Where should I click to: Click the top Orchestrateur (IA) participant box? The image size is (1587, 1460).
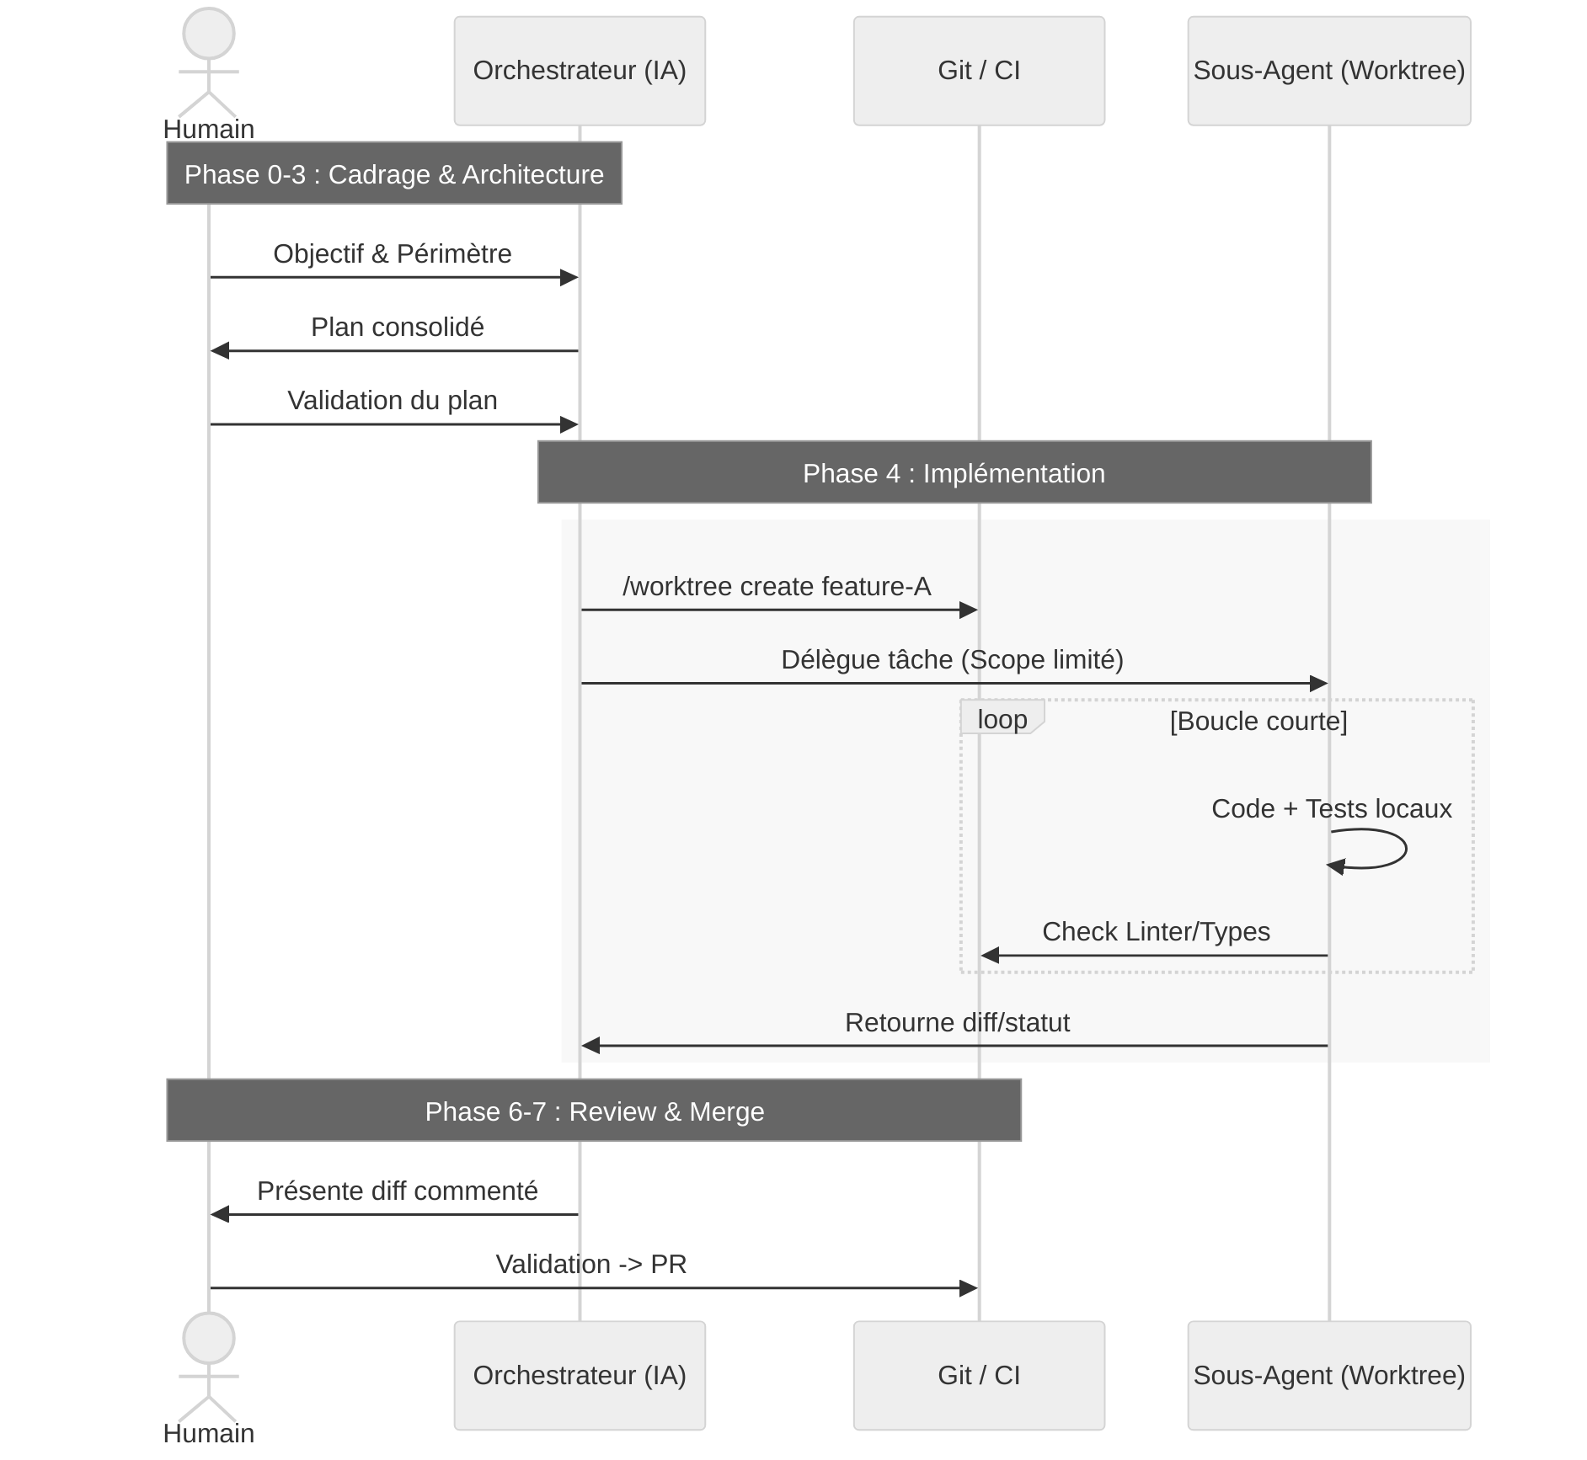580,71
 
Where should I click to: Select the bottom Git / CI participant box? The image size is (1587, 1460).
979,1375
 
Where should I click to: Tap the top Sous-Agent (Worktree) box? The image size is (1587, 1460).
1328,71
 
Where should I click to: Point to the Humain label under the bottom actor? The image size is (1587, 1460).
208,1433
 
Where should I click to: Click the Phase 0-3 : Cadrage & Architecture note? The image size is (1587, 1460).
394,173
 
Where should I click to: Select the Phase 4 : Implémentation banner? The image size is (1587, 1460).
954,472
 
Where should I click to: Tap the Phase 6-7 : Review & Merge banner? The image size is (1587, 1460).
594,1111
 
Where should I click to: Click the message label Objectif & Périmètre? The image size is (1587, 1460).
393,253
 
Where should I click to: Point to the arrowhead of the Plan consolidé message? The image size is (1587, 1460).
219,350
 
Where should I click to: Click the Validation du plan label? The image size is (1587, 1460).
393,400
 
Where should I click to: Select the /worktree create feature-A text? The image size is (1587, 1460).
777,586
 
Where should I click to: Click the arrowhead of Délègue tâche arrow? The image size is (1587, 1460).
1319,684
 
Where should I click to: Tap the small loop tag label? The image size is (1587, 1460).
1002,719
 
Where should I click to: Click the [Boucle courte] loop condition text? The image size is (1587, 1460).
1258,721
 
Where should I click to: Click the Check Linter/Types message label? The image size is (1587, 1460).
1156,931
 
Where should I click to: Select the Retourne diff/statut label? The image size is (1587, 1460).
957,1022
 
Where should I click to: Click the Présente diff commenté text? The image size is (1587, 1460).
398,1191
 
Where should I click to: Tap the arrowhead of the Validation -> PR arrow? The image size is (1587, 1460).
969,1288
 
